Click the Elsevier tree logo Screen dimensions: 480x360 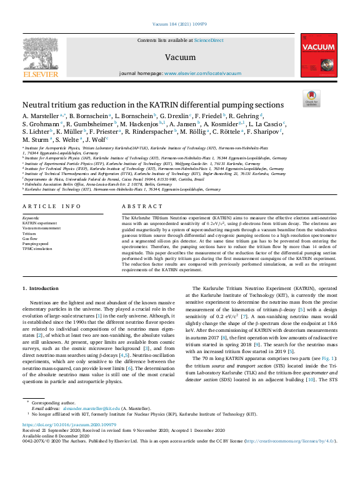click(x=40, y=54)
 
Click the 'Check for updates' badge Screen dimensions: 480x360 click(x=311, y=98)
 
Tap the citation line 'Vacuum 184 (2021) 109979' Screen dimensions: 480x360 click(x=179, y=25)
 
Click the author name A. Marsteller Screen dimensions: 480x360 click(x=41, y=116)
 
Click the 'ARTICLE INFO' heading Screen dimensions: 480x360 click(x=52, y=206)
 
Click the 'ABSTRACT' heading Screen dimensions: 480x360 click(x=137, y=206)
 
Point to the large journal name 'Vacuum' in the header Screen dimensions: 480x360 click(x=179, y=58)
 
